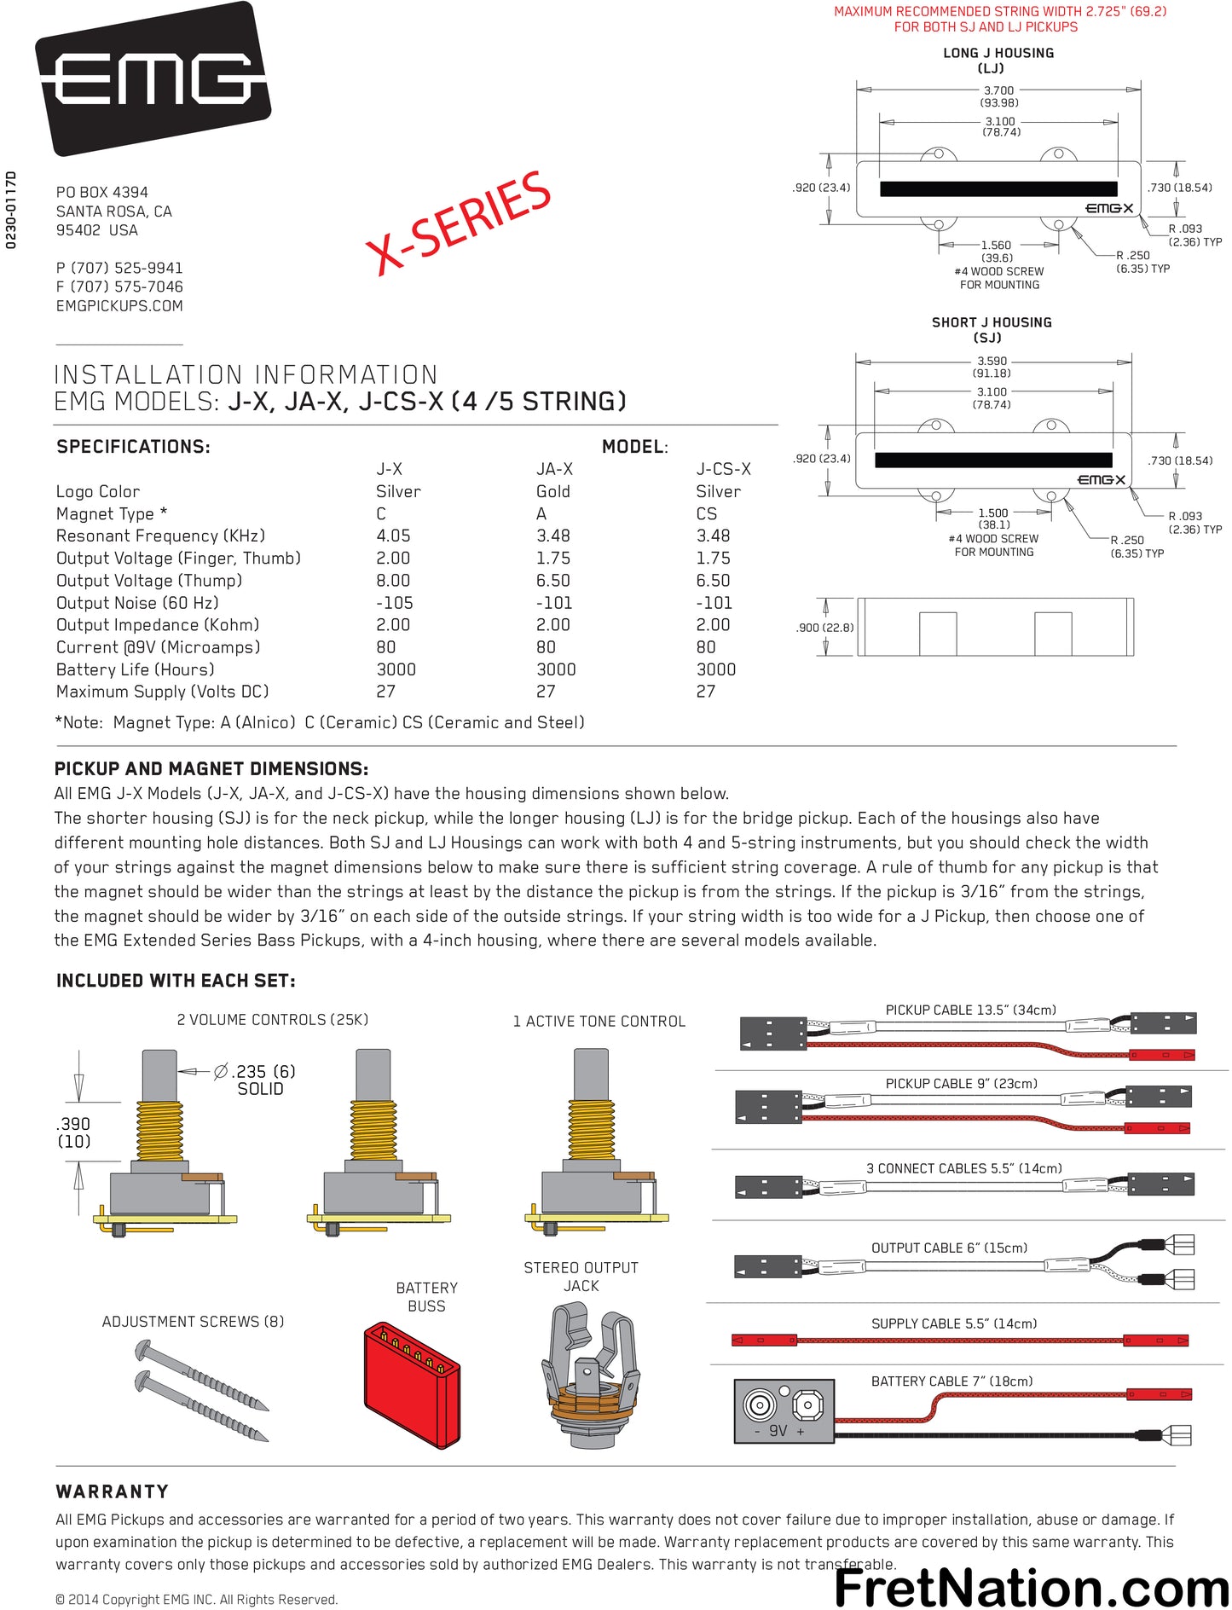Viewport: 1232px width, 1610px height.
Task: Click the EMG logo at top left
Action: (x=153, y=78)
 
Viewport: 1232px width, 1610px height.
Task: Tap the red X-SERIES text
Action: (x=459, y=223)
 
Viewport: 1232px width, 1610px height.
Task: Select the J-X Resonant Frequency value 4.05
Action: (x=393, y=536)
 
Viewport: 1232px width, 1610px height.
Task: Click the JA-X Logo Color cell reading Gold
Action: (x=553, y=492)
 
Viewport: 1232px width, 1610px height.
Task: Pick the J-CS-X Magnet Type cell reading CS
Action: (x=707, y=514)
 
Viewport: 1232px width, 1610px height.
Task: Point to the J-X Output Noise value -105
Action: (x=395, y=603)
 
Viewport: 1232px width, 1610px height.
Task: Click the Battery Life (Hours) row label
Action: (x=135, y=669)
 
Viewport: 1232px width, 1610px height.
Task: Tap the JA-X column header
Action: (x=554, y=469)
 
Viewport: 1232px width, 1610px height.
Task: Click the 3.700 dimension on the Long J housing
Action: (x=998, y=90)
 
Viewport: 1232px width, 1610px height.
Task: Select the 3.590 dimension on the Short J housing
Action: (x=992, y=362)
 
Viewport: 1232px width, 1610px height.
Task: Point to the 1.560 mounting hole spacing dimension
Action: (x=996, y=246)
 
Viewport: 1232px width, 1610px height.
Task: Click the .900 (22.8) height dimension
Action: (x=824, y=628)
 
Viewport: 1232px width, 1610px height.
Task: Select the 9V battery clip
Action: (x=784, y=1410)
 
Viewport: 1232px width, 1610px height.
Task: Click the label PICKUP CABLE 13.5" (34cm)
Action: (x=970, y=1011)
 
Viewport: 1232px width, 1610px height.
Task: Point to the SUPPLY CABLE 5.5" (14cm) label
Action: (x=954, y=1324)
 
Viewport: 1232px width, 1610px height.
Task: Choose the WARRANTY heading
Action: (x=112, y=1492)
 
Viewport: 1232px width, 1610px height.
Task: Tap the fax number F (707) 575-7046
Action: (x=119, y=287)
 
